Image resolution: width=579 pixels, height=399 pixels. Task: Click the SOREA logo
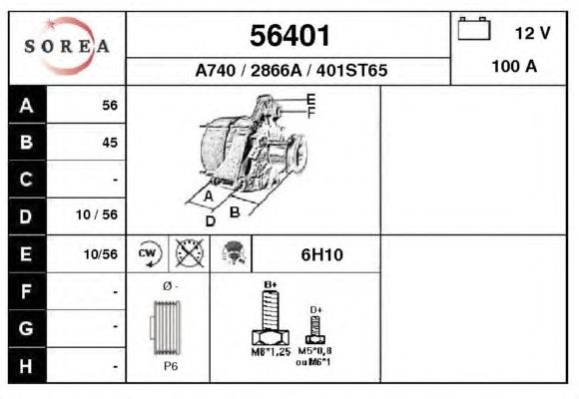(x=67, y=47)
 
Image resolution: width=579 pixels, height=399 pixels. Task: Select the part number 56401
(x=289, y=36)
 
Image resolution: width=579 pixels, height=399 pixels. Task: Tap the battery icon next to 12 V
(x=474, y=28)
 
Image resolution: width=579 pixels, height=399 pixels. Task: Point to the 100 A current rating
(x=514, y=67)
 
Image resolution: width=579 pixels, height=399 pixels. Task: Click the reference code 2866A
(x=277, y=70)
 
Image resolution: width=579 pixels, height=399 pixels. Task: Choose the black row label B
(x=27, y=142)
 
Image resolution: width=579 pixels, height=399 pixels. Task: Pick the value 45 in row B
(x=110, y=143)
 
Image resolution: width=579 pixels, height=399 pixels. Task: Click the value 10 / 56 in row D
(x=97, y=214)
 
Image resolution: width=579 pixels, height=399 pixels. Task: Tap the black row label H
(x=27, y=365)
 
